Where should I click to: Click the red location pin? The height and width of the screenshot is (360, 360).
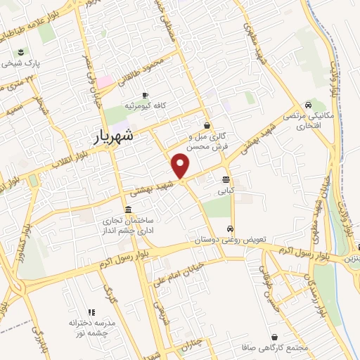(181, 165)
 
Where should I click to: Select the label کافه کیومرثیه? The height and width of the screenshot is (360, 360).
(143, 105)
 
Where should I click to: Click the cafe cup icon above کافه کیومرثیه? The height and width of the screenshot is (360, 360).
(144, 95)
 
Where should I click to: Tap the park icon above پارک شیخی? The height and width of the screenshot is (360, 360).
(20, 52)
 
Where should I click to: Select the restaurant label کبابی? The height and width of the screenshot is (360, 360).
(225, 190)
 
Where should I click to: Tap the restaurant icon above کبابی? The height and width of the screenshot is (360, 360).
(225, 179)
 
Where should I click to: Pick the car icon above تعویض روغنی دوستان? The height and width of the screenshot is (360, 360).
(231, 229)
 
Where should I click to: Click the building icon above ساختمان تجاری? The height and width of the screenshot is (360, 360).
(127, 210)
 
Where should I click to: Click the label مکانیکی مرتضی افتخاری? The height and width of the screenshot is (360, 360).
(302, 119)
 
